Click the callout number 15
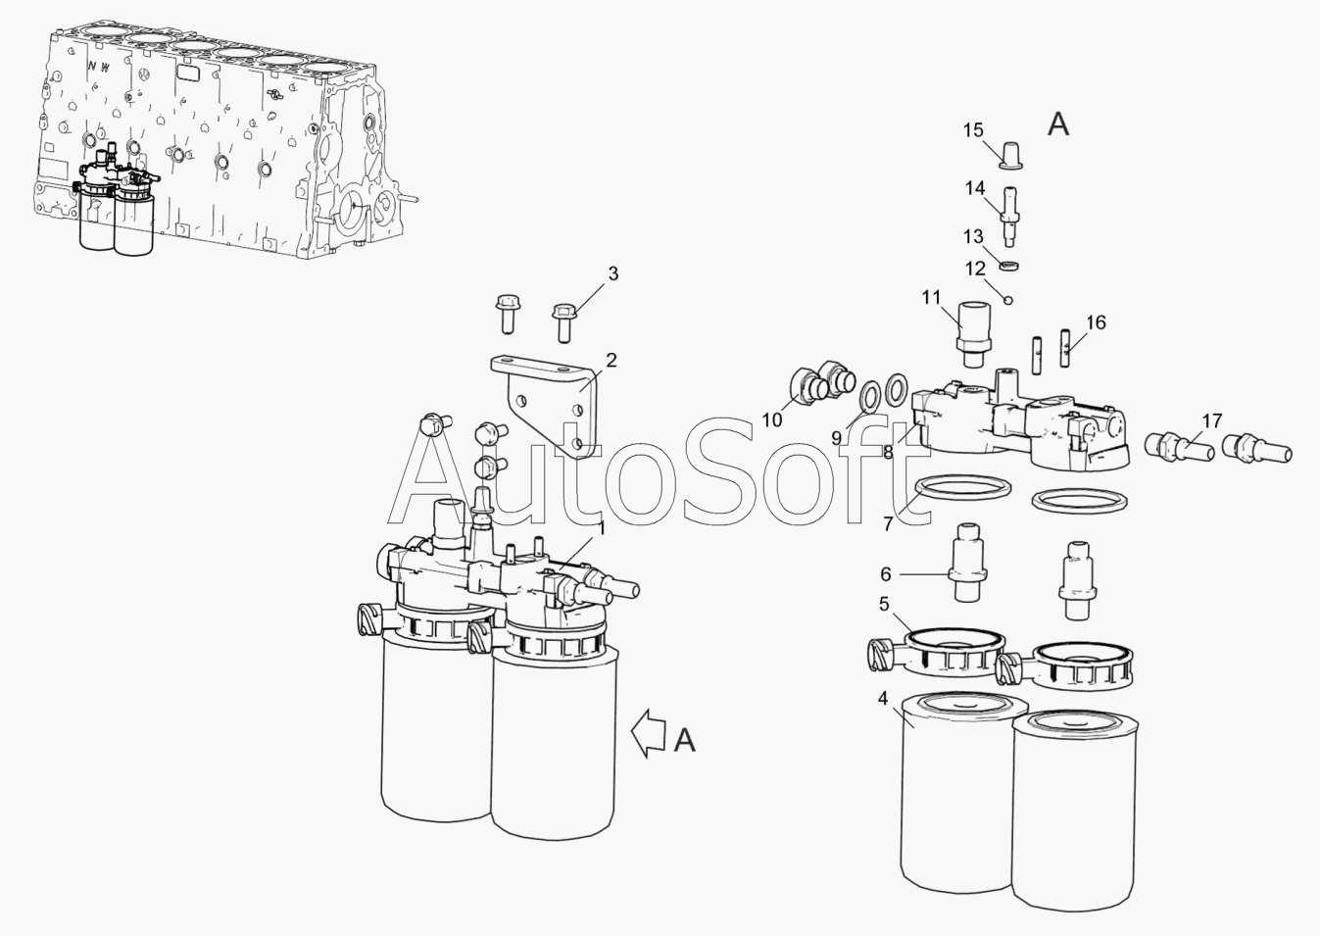pyautogui.click(x=973, y=129)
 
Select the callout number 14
pyautogui.click(x=975, y=188)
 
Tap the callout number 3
pyautogui.click(x=613, y=273)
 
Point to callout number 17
pyautogui.click(x=1212, y=420)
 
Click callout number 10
pyautogui.click(x=772, y=420)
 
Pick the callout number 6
pyautogui.click(x=886, y=573)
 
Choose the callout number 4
pyautogui.click(x=882, y=699)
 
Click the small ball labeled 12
pyautogui.click(x=1008, y=300)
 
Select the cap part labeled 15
pyautogui.click(x=1011, y=154)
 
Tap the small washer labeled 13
pyautogui.click(x=1009, y=266)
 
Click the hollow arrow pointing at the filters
pyautogui.click(x=648, y=733)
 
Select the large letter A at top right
pyautogui.click(x=1058, y=124)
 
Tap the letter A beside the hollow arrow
pyautogui.click(x=684, y=740)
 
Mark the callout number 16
pyautogui.click(x=1097, y=322)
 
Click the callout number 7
pyautogui.click(x=888, y=523)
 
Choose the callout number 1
pyautogui.click(x=602, y=528)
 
